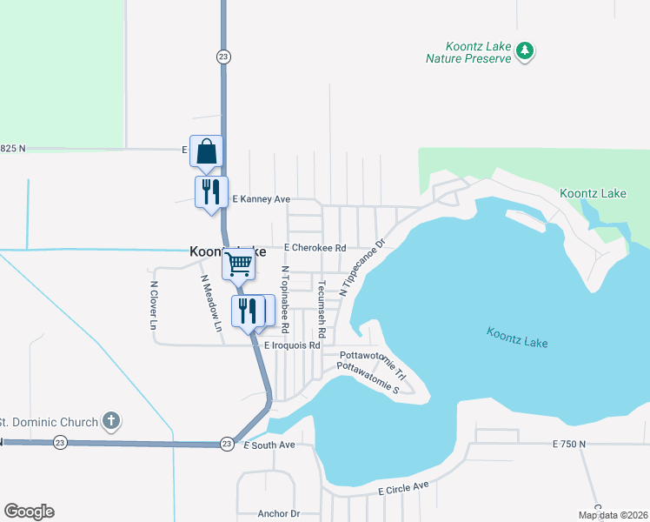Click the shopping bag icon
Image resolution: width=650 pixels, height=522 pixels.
pos(207,151)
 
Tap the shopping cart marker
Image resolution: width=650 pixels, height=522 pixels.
pos(238,264)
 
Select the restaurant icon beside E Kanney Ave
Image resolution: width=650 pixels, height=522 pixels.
pos(210,192)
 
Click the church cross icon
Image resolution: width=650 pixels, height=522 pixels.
pos(110,422)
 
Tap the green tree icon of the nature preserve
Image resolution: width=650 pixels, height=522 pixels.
pos(524,51)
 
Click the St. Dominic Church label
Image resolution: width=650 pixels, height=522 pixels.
pos(49,423)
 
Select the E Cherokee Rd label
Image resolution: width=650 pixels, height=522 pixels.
pos(314,248)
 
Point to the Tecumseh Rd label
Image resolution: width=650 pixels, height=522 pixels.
pos(321,309)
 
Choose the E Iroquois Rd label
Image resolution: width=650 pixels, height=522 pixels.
pos(292,345)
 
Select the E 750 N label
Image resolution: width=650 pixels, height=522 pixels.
pos(569,445)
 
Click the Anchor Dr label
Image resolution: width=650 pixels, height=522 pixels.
pos(278,514)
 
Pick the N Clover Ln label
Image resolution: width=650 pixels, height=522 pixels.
pos(154,304)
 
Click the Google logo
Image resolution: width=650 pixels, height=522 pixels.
pos(29,512)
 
